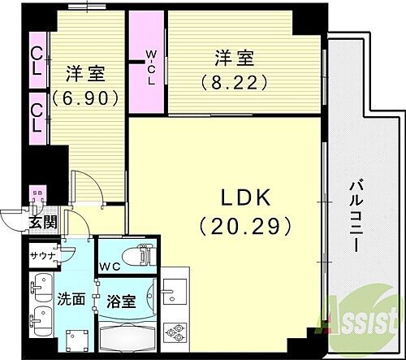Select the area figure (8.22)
[234, 81]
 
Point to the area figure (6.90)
[86, 99]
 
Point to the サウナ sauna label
[41, 256]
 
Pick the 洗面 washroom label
[71, 298]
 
